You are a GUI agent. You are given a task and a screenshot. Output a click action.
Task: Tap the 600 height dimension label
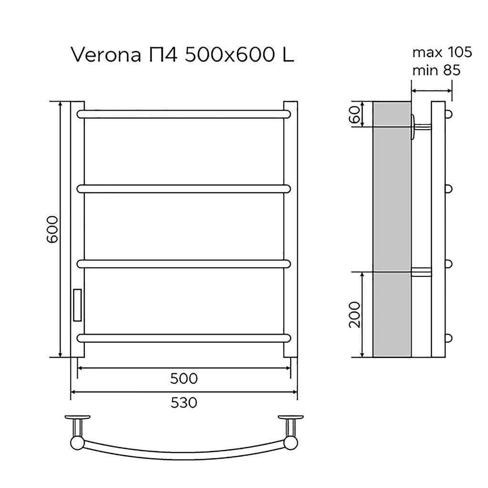pos(52,229)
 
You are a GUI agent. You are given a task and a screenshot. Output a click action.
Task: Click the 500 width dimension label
pos(184,379)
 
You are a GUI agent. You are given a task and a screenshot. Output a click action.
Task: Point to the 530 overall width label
pos(184,403)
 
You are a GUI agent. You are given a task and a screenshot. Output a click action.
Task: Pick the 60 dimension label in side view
pos(355,114)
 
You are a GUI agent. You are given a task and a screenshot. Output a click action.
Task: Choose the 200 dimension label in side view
pos(355,315)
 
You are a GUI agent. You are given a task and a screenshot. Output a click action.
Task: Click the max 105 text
pos(442,52)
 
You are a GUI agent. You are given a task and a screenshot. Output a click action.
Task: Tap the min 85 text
pos(437,71)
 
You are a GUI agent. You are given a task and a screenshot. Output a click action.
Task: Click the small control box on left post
pos(77,305)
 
